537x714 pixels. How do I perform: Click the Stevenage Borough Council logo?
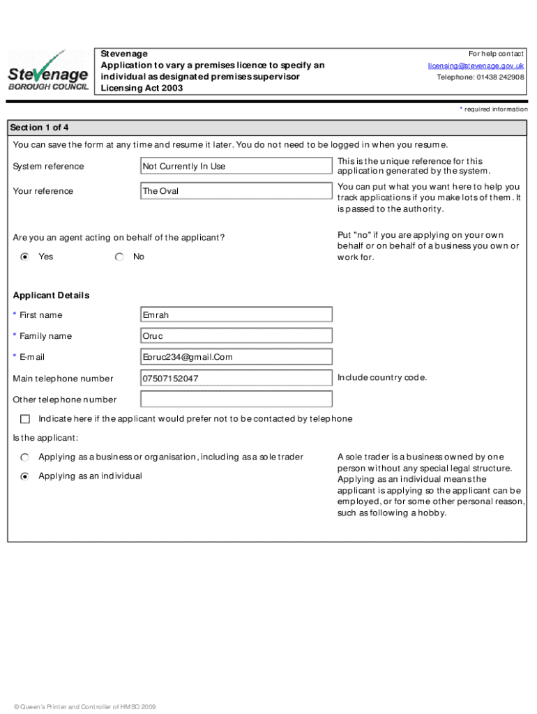pyautogui.click(x=47, y=70)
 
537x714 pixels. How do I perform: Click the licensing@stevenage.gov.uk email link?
pyautogui.click(x=476, y=66)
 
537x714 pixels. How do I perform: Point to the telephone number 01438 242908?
pyautogui.click(x=481, y=77)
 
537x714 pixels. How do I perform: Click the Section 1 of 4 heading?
pyautogui.click(x=39, y=128)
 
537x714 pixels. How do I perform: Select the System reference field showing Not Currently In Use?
pyautogui.click(x=236, y=166)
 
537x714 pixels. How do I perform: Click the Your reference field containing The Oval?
pyautogui.click(x=236, y=191)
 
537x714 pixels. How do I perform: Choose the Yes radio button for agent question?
pyautogui.click(x=25, y=257)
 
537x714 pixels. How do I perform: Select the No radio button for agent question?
pyautogui.click(x=119, y=257)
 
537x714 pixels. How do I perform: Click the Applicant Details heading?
pyautogui.click(x=51, y=295)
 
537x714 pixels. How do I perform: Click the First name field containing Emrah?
pyautogui.click(x=236, y=314)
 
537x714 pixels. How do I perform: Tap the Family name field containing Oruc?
pyautogui.click(x=236, y=336)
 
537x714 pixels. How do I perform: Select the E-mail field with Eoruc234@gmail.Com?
pyautogui.click(x=236, y=357)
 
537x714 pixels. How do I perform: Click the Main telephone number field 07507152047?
pyautogui.click(x=236, y=379)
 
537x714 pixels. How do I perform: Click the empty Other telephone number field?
pyautogui.click(x=236, y=400)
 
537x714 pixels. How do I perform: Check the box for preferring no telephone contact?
pyautogui.click(x=25, y=419)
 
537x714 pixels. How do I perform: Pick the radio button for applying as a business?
pyautogui.click(x=25, y=457)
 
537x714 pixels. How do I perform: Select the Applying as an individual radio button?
pyautogui.click(x=25, y=476)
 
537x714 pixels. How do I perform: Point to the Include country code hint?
pyautogui.click(x=381, y=377)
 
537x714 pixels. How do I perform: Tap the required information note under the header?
pyautogui.click(x=493, y=109)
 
